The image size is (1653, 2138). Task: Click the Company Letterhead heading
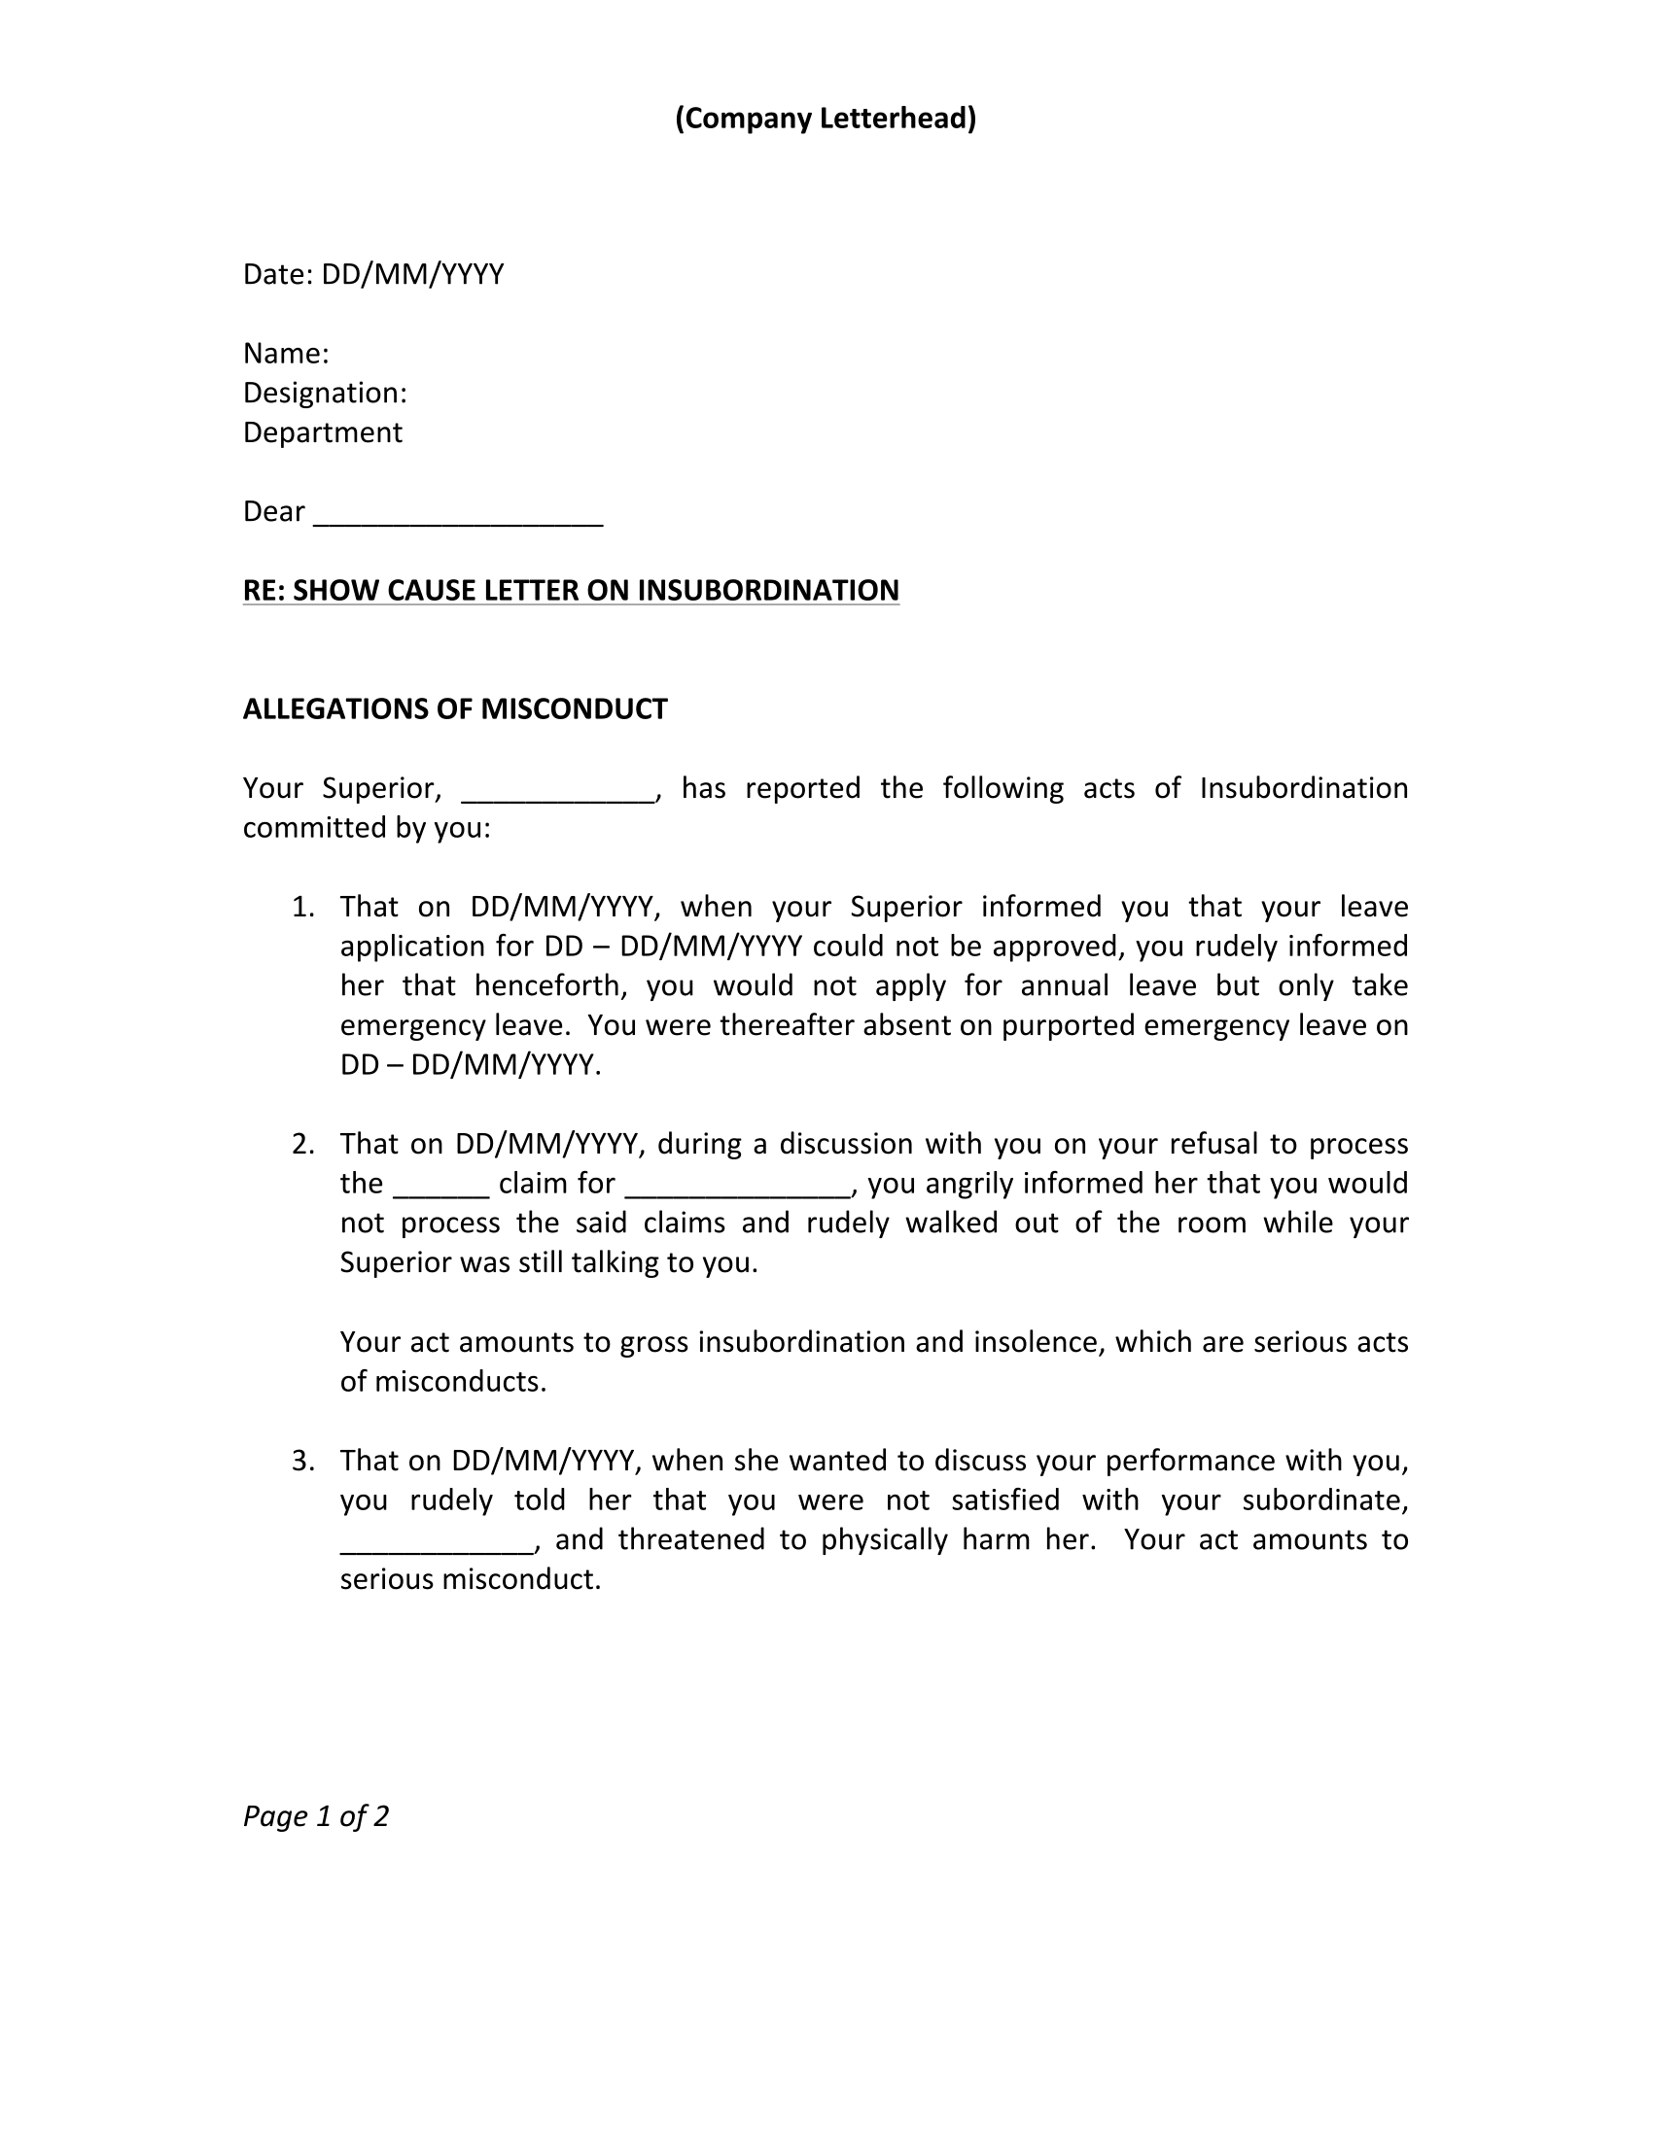coord(826,119)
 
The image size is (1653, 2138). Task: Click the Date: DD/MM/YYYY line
coord(373,274)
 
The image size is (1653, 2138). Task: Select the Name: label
coord(285,354)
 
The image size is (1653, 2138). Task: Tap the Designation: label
coord(324,393)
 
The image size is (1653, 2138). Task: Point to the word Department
coord(322,432)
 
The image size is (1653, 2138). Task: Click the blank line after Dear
coord(457,517)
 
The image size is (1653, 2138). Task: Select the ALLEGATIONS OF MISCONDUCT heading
coord(454,708)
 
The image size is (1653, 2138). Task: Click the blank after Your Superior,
coord(556,794)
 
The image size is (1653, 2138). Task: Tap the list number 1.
coord(302,907)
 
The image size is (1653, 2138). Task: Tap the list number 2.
coord(302,1144)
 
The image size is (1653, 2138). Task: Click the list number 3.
coord(302,1461)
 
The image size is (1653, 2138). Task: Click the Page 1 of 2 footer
coord(315,1817)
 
